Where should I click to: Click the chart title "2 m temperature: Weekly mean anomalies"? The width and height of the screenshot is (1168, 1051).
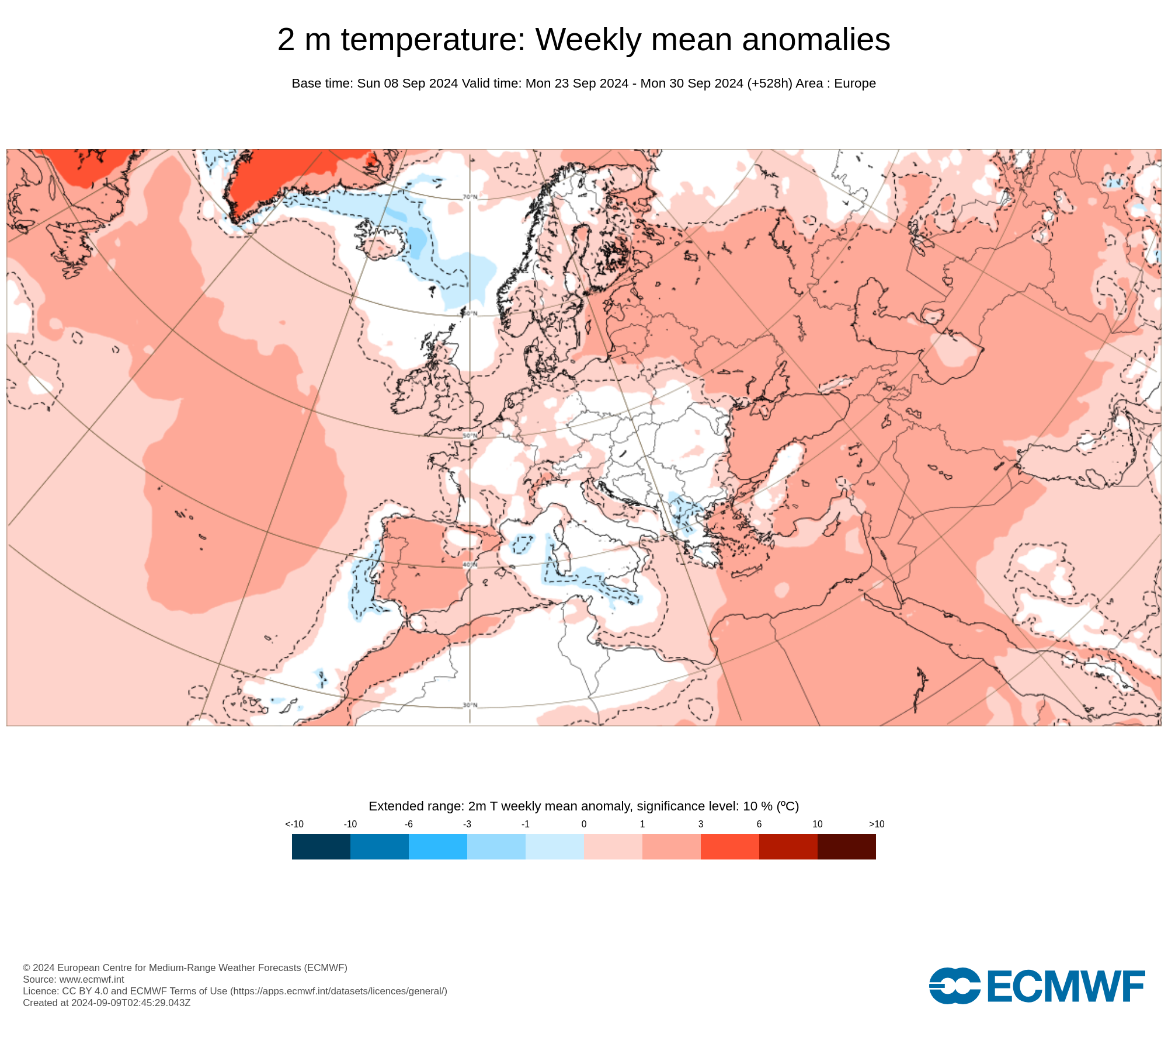tap(583, 40)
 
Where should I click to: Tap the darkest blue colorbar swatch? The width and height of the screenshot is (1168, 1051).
tap(321, 846)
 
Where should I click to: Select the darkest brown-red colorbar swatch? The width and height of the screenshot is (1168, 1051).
tap(846, 846)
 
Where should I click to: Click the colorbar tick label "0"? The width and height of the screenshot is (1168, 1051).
tap(583, 824)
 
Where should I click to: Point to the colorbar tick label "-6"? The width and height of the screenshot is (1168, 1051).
tap(408, 824)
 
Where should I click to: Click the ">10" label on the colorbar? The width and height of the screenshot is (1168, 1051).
tap(876, 824)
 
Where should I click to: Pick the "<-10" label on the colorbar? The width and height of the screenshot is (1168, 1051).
tap(294, 824)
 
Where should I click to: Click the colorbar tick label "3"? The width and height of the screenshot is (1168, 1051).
tap(700, 824)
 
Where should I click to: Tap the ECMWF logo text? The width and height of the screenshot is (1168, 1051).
tap(1065, 986)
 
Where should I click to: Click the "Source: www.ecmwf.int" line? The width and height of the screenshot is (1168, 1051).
tap(74, 979)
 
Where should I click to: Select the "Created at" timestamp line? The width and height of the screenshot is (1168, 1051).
tap(106, 1003)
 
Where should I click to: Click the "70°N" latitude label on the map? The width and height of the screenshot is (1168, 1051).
tap(470, 197)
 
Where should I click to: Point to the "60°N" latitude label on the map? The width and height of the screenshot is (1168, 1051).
tap(470, 314)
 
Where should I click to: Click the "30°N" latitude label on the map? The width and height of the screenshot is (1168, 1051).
tap(470, 705)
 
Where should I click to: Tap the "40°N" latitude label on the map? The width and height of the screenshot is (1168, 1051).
tap(470, 565)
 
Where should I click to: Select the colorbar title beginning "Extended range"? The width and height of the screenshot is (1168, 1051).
tap(583, 806)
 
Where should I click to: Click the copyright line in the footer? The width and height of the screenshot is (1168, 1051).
tap(185, 968)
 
